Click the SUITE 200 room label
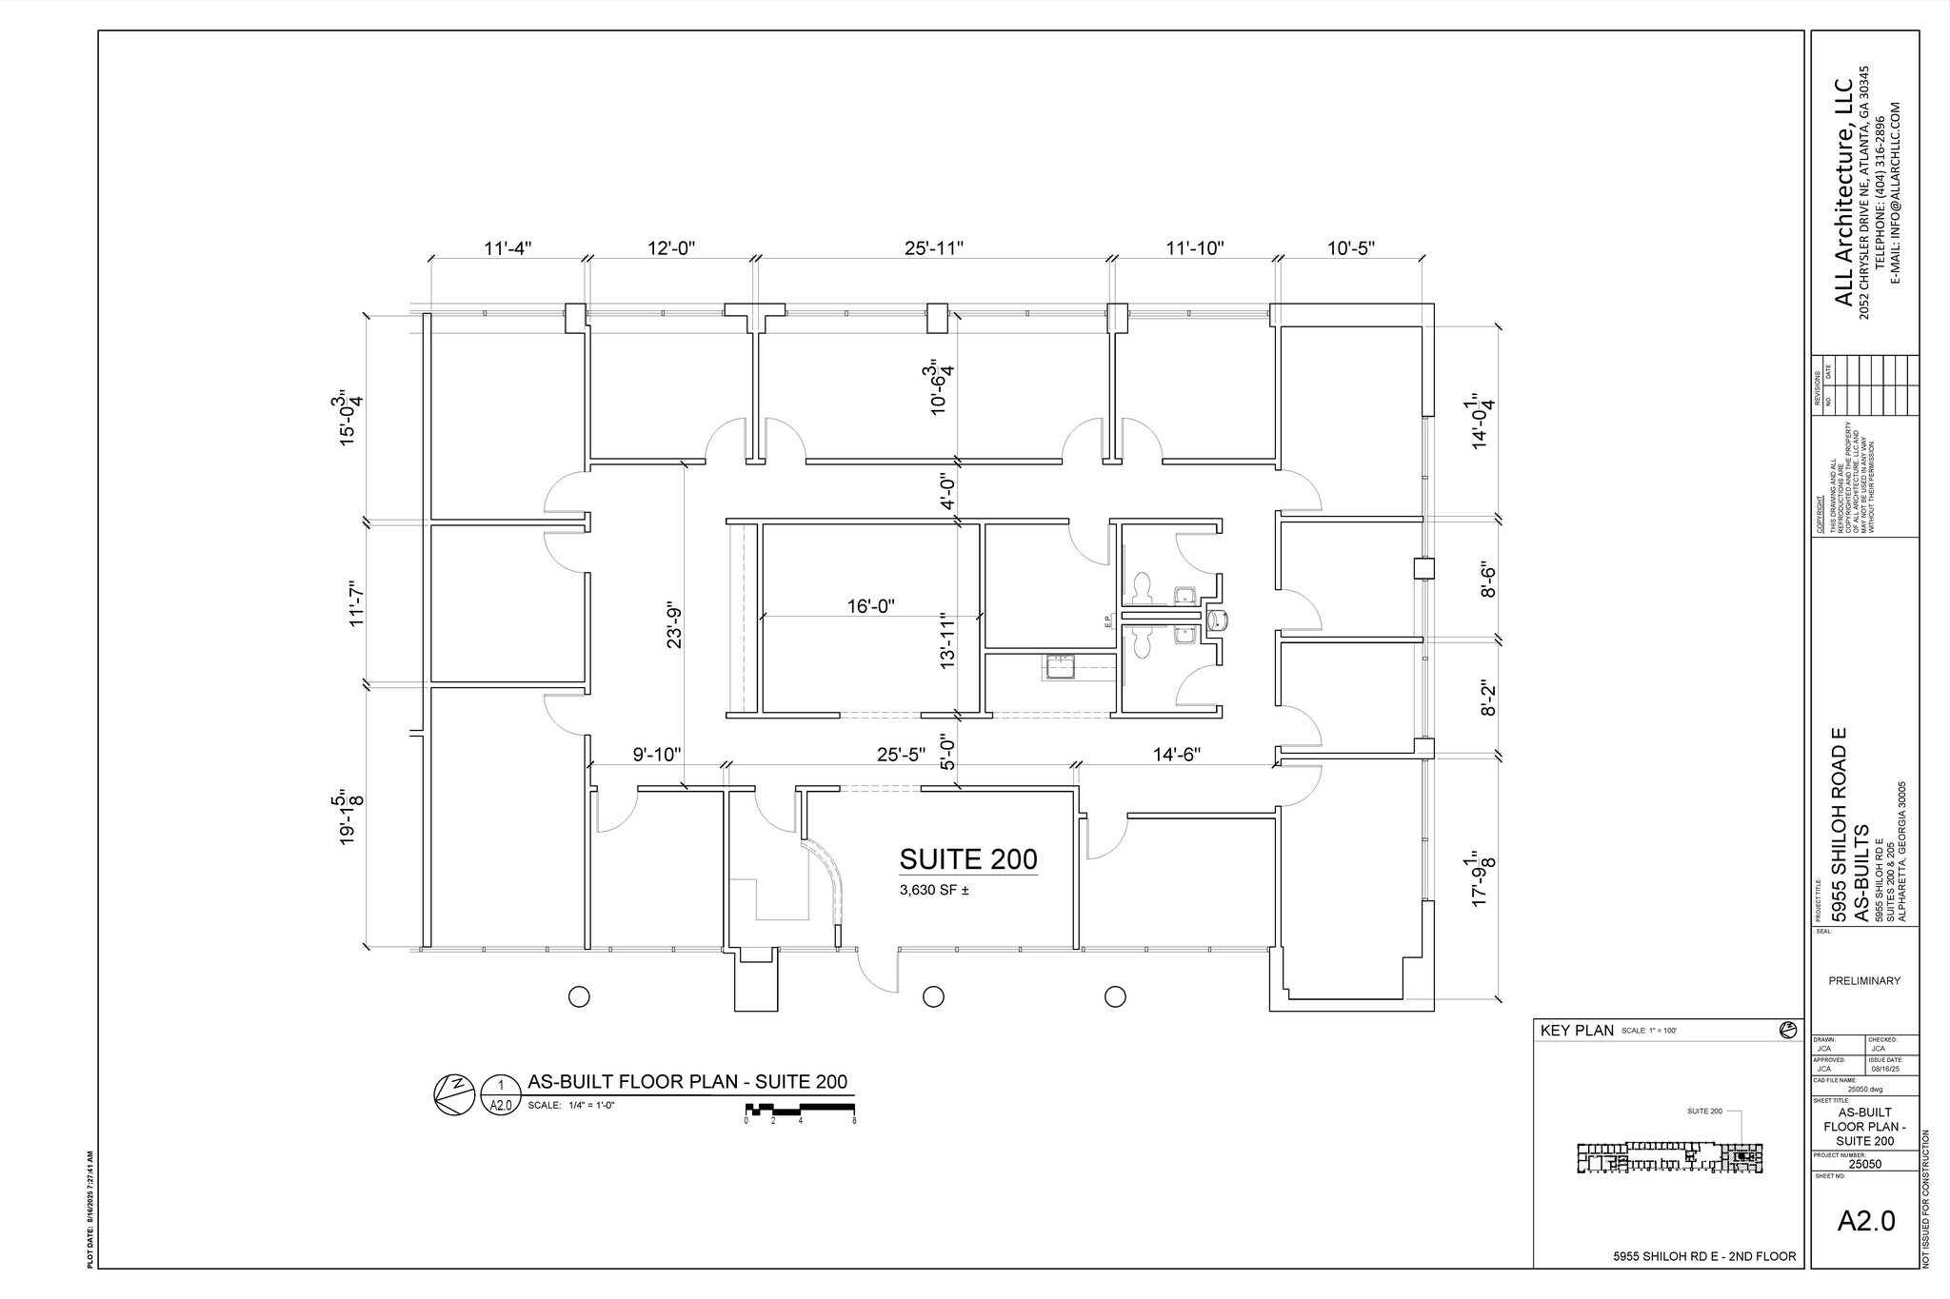tap(968, 860)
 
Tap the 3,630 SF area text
tap(934, 892)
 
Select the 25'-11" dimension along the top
tap(934, 248)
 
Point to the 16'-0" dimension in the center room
tap(871, 606)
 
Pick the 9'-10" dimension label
tap(657, 755)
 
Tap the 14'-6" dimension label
tap(1177, 755)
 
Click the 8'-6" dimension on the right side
tap(1487, 581)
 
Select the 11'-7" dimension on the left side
tap(356, 602)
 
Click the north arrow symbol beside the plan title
tap(453, 1093)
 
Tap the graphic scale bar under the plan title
tap(800, 1109)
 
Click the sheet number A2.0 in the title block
tap(1865, 1221)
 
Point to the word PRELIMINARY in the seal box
tap(1864, 981)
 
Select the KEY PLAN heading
tap(1576, 1031)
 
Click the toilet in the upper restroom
tap(1144, 586)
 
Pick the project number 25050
tap(1864, 1163)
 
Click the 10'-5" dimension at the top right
tap(1351, 248)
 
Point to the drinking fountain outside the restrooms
tap(1219, 620)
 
